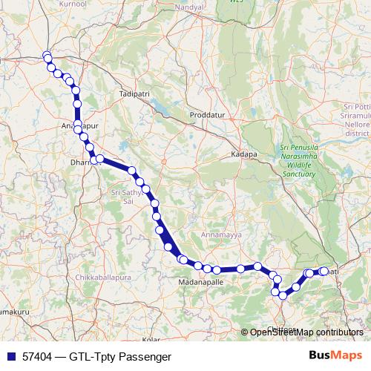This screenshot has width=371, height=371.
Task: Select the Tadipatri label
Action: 134,95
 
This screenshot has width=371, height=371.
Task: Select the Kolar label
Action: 152,339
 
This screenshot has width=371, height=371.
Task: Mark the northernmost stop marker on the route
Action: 47,56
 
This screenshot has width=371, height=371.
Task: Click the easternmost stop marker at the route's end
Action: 324,271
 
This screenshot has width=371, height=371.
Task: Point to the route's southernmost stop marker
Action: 283,295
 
